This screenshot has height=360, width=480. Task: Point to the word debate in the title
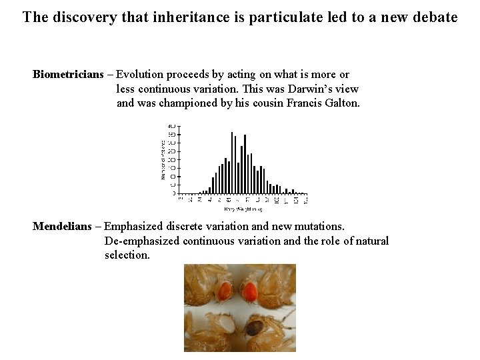pos(434,17)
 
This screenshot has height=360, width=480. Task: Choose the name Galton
pos(340,103)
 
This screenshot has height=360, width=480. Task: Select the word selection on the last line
pos(127,255)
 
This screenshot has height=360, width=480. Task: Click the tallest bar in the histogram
pos(231,163)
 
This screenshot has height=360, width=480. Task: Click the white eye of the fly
pos(222,325)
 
